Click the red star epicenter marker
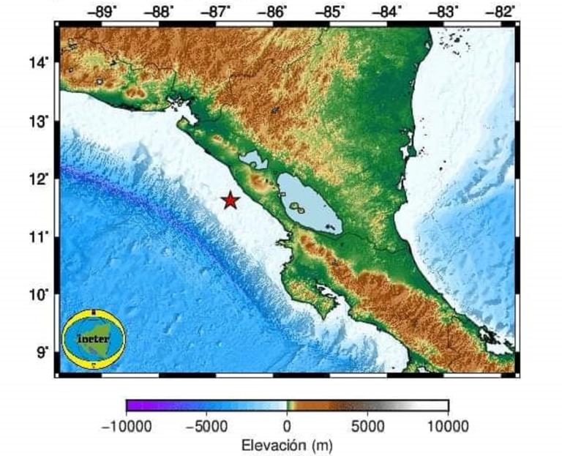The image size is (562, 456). [231, 200]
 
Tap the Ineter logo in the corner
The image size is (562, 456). [94, 339]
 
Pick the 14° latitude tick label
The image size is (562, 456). [39, 64]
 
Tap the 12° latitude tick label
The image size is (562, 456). [39, 179]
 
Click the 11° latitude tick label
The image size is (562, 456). [39, 236]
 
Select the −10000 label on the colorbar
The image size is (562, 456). [127, 426]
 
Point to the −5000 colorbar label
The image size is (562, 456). [207, 426]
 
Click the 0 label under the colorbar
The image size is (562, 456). [287, 426]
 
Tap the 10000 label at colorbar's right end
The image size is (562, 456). [447, 426]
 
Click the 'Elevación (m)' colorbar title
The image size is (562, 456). [287, 444]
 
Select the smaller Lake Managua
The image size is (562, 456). [253, 160]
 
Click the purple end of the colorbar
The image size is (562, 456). [132, 405]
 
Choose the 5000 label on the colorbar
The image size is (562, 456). [368, 426]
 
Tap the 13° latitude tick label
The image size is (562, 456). [39, 122]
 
